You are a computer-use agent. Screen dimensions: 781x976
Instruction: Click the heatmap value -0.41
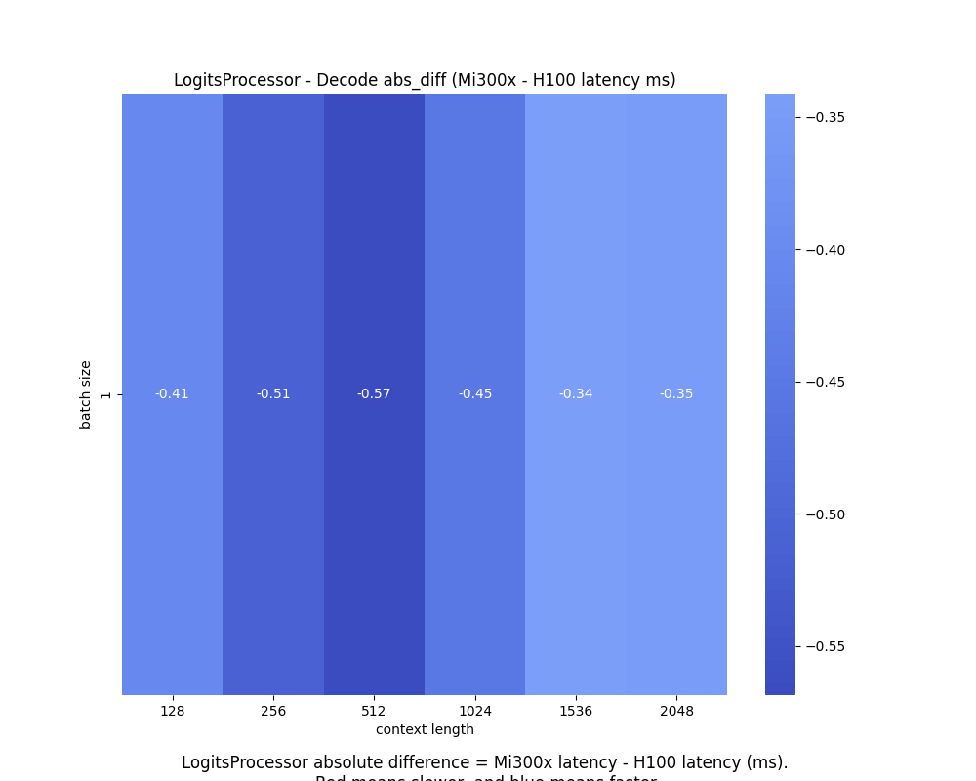pyautogui.click(x=172, y=394)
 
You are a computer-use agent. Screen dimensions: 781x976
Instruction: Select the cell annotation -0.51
pyautogui.click(x=273, y=394)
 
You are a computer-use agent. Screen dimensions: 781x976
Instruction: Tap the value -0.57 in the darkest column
pyautogui.click(x=374, y=394)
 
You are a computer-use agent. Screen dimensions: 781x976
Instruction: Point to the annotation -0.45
pyautogui.click(x=475, y=394)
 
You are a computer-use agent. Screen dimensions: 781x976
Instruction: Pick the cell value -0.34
pyautogui.click(x=576, y=394)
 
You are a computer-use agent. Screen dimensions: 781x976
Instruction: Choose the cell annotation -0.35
pyautogui.click(x=676, y=394)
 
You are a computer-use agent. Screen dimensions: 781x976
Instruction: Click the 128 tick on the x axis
pyautogui.click(x=172, y=711)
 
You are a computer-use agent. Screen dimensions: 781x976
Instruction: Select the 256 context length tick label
pyautogui.click(x=273, y=711)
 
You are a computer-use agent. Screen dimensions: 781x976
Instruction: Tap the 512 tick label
pyautogui.click(x=374, y=711)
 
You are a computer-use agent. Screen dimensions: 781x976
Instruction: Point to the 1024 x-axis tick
pyautogui.click(x=475, y=711)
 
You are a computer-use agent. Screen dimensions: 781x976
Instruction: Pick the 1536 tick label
pyautogui.click(x=576, y=711)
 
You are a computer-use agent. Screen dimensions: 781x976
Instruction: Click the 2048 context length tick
pyautogui.click(x=676, y=711)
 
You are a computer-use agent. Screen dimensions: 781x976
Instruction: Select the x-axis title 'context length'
pyautogui.click(x=425, y=729)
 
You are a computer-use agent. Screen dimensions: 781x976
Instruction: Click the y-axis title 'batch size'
pyautogui.click(x=86, y=394)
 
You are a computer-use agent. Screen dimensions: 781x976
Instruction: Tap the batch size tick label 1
pyautogui.click(x=105, y=394)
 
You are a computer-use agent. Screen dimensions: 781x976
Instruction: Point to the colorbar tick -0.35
pyautogui.click(x=825, y=117)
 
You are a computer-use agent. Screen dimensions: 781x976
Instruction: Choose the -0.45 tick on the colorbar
pyautogui.click(x=825, y=382)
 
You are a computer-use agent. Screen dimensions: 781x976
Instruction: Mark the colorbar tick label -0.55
pyautogui.click(x=825, y=646)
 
